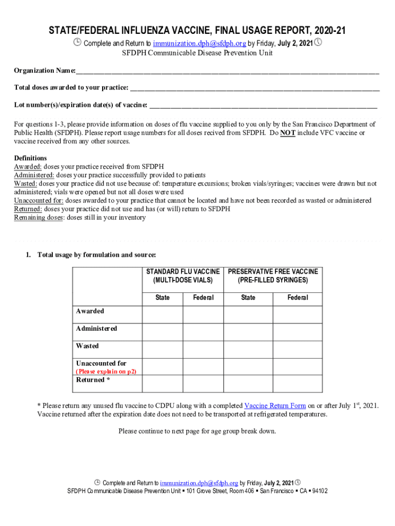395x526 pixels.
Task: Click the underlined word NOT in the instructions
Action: coord(288,133)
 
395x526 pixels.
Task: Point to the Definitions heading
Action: coord(30,158)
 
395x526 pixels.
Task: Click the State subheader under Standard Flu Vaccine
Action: coord(163,298)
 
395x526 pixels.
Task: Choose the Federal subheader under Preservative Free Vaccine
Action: coord(298,298)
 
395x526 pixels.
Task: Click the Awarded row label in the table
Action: coord(90,311)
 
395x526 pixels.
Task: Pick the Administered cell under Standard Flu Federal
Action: coord(203,332)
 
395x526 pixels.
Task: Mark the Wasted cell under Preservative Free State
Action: coord(248,349)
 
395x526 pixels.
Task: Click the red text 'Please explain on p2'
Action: coord(106,371)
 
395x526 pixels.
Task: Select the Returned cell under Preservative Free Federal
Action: coord(298,384)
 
